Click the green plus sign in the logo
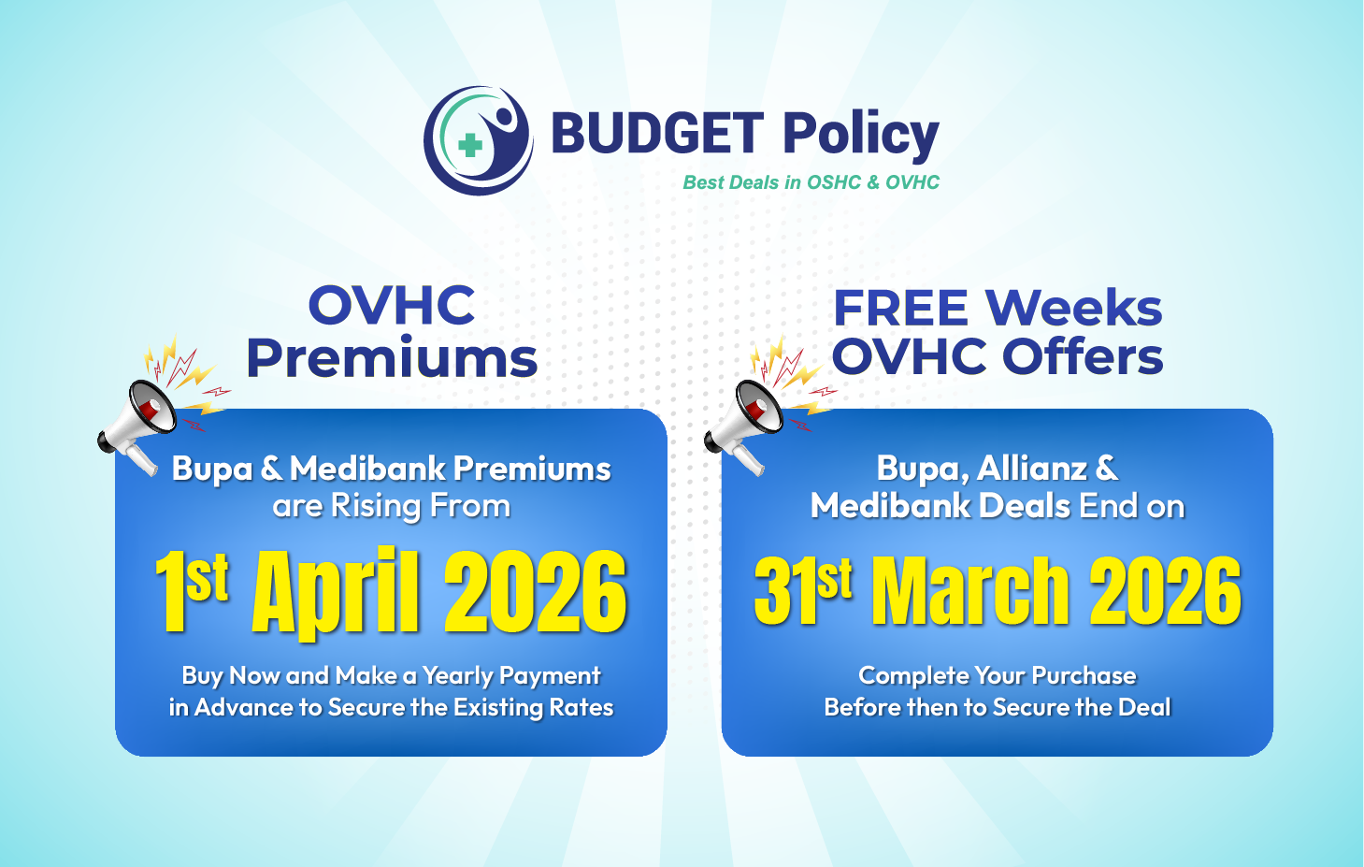(x=469, y=146)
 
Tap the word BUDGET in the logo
(x=657, y=132)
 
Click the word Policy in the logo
(x=861, y=137)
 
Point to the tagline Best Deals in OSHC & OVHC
(x=811, y=182)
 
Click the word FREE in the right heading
(x=900, y=309)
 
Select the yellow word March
(x=970, y=591)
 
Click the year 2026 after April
(x=536, y=592)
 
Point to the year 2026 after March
(x=1165, y=591)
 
